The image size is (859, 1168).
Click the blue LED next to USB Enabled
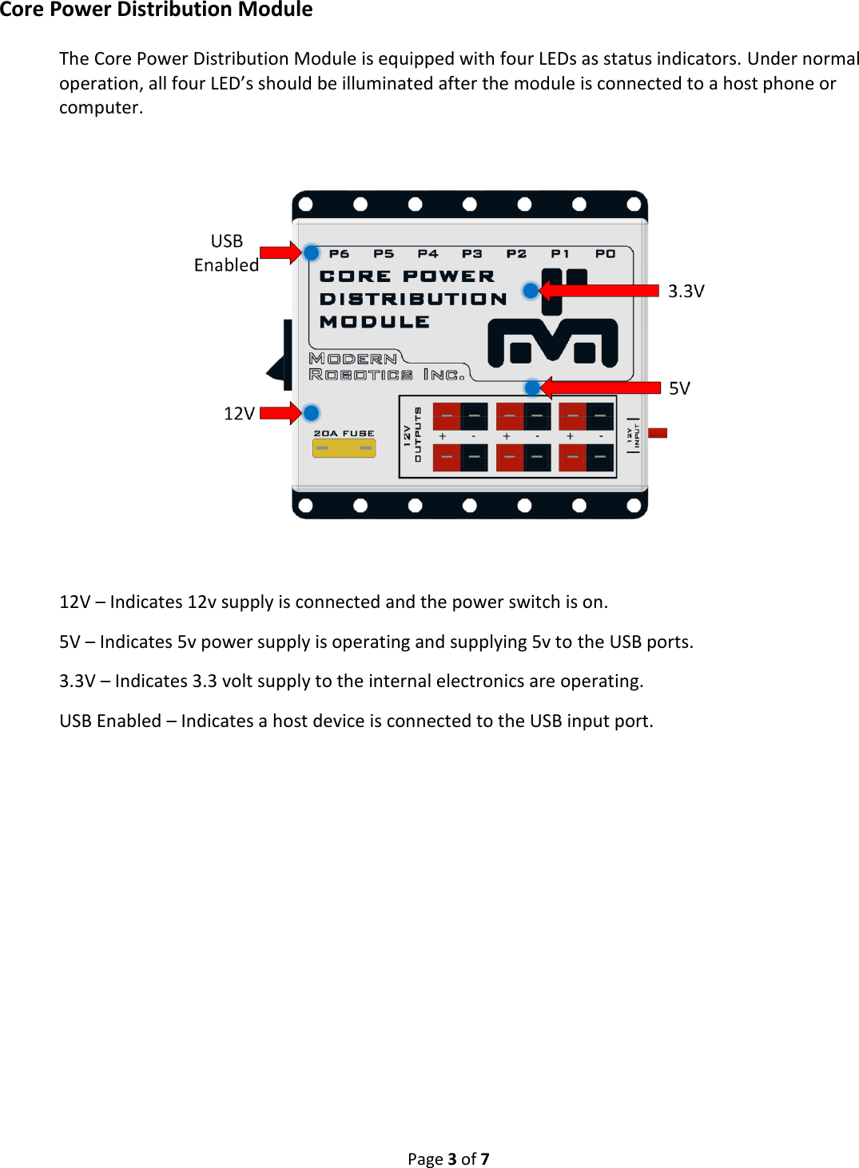(312, 253)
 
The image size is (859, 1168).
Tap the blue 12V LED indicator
(312, 413)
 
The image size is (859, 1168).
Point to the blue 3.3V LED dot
(531, 291)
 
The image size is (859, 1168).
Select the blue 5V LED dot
(532, 388)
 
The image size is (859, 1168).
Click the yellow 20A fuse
(344, 448)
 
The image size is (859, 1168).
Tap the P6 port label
(339, 254)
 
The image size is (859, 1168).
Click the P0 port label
(605, 254)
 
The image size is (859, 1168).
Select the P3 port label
(471, 254)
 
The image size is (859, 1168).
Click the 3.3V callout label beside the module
(686, 292)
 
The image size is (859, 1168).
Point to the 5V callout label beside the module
(679, 389)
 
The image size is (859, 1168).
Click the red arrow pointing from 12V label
(280, 413)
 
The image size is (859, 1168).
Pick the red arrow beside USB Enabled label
(280, 253)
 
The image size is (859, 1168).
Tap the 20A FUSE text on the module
(344, 434)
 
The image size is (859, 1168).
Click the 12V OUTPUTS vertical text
(412, 435)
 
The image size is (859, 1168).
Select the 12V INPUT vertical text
(633, 435)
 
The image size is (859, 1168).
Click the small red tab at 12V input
(658, 433)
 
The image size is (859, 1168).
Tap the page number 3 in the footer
(451, 1159)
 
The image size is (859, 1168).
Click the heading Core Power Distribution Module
(156, 10)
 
